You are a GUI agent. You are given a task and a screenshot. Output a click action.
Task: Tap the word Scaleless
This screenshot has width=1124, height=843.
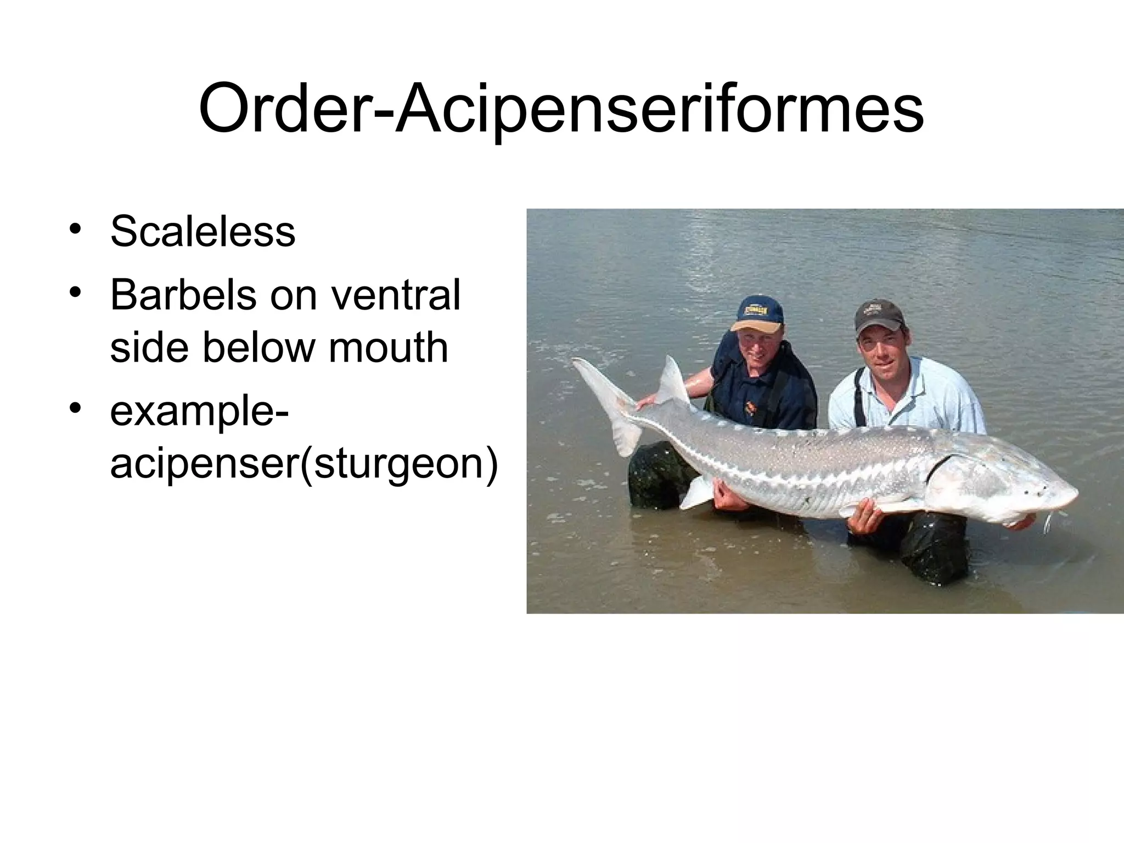pyautogui.click(x=203, y=232)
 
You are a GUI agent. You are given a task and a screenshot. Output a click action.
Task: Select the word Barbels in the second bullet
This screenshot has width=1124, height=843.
pyautogui.click(x=183, y=295)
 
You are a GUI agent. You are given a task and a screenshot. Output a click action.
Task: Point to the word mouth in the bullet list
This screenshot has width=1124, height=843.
pyautogui.click(x=388, y=347)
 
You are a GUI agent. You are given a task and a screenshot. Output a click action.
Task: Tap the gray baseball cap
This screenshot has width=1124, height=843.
pyautogui.click(x=879, y=316)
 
